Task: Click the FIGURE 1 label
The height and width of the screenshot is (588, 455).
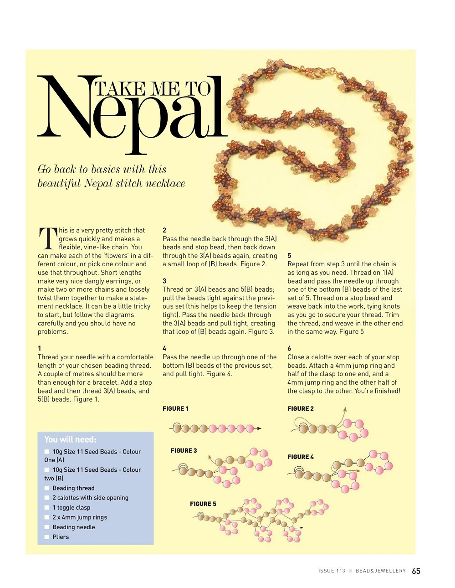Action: (x=175, y=408)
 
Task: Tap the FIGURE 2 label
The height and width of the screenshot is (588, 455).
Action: (x=300, y=408)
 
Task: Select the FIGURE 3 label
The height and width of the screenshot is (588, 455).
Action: (x=184, y=450)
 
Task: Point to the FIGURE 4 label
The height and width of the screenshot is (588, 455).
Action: (x=300, y=457)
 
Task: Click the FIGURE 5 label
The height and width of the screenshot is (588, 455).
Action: (x=203, y=504)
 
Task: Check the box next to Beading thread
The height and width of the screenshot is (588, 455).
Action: (x=46, y=488)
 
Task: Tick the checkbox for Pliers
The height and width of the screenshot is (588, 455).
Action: (x=46, y=537)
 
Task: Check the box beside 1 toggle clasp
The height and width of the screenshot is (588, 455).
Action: (x=46, y=508)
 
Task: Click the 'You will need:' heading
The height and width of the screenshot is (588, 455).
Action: (x=70, y=439)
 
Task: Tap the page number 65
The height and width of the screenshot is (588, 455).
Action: (x=416, y=571)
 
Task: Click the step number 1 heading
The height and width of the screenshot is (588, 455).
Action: (x=40, y=348)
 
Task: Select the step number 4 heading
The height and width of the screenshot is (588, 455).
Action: (x=164, y=348)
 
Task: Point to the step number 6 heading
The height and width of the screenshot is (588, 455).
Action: (x=289, y=348)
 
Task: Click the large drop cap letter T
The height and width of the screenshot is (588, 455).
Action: (x=47, y=238)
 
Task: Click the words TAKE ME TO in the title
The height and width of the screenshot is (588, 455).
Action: (x=153, y=89)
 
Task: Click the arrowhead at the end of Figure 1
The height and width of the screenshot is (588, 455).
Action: (x=259, y=428)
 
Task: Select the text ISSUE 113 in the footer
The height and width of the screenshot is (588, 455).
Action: (x=332, y=571)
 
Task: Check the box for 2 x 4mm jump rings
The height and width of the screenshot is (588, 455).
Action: (x=46, y=517)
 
